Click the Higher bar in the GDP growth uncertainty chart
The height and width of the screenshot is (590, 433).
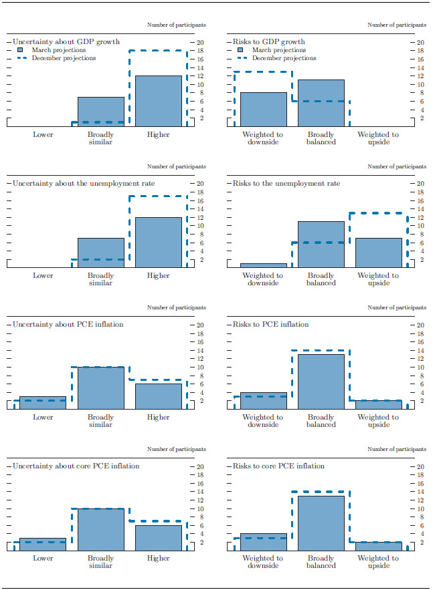159,101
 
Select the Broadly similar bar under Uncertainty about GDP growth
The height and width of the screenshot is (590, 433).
101,112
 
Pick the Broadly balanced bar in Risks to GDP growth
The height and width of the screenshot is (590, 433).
321,103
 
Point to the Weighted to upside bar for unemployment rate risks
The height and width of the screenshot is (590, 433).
379,253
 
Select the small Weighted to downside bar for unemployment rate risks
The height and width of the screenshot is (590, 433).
264,265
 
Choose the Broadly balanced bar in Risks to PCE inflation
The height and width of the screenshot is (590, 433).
321,382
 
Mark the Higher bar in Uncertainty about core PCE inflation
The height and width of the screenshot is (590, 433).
159,538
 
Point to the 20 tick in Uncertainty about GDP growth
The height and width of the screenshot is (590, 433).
199,42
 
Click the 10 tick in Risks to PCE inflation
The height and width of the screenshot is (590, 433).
420,367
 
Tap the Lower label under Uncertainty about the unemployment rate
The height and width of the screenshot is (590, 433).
44,276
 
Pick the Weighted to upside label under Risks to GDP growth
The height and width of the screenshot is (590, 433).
379,138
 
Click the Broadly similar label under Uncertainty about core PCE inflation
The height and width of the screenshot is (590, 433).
101,563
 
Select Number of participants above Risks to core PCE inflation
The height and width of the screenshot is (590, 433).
397,450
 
